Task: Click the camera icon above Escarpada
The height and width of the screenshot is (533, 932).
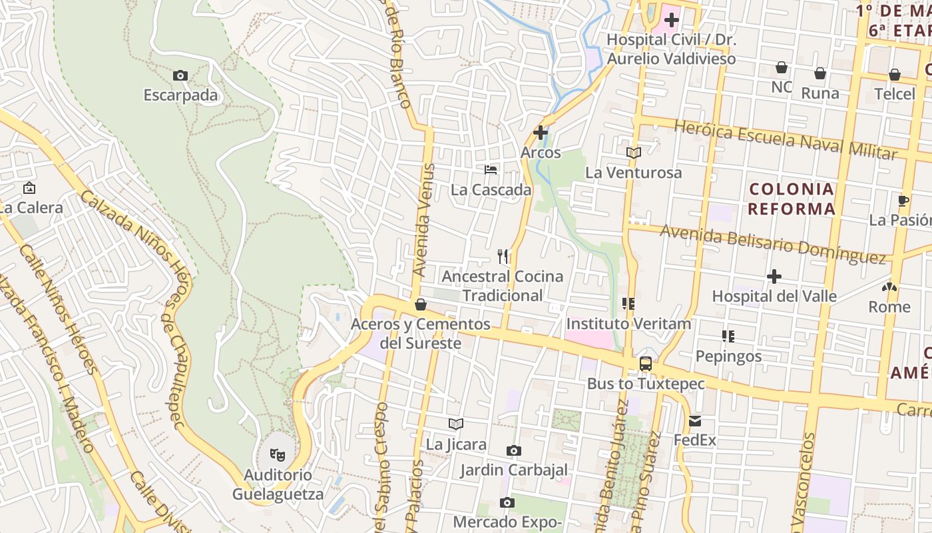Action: (x=180, y=76)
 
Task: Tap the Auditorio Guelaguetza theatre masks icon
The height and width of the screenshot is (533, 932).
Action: (x=278, y=455)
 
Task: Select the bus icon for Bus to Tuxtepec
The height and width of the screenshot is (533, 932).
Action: (x=645, y=364)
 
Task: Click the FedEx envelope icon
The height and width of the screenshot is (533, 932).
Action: (x=695, y=420)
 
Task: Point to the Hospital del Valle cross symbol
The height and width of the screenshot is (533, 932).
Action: (x=774, y=276)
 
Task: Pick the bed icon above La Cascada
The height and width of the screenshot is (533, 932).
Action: (x=491, y=170)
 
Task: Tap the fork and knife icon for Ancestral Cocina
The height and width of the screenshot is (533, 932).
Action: (x=503, y=256)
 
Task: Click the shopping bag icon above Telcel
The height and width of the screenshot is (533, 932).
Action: (x=895, y=74)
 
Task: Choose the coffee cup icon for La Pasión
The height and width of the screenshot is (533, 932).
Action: (x=903, y=200)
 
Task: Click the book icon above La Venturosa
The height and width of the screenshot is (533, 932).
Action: (x=633, y=153)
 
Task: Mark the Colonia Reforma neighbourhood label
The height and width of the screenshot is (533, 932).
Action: (x=792, y=199)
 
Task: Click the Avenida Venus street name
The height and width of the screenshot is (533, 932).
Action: (x=423, y=220)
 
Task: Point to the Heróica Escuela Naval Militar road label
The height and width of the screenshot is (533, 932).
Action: (x=786, y=140)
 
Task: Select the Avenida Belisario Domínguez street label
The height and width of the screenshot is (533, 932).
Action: (x=773, y=243)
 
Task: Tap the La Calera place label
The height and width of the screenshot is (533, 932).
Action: (x=31, y=207)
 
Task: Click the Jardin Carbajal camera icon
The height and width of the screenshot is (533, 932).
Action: (x=513, y=451)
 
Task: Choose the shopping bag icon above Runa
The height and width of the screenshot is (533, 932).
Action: (x=820, y=73)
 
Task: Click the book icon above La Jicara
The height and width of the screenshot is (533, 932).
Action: (x=455, y=424)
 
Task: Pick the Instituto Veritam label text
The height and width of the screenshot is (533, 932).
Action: (x=628, y=324)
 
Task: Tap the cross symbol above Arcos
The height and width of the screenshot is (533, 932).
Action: (x=541, y=132)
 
